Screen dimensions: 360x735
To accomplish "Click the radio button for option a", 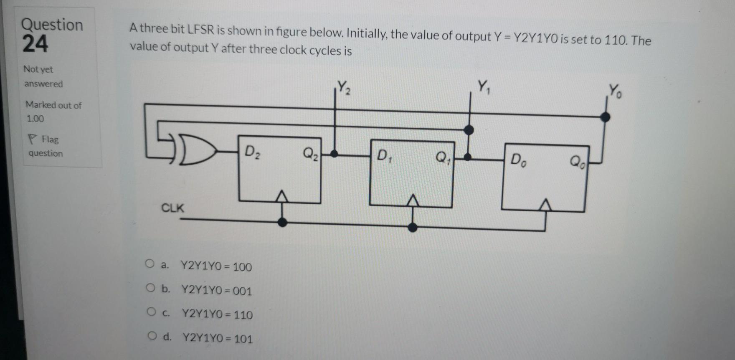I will point(150,264).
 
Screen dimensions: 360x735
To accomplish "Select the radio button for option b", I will point(150,288).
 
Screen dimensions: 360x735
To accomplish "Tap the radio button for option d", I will point(152,335).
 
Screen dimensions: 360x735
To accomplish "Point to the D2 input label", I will point(252,152).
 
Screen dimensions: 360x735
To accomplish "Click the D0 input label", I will point(519,159).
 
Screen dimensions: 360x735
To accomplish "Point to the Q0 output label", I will point(578,161).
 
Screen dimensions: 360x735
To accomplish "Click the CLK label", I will point(172,208).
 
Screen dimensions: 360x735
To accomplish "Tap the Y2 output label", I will point(344,87).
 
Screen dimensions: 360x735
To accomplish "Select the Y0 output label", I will point(615,91).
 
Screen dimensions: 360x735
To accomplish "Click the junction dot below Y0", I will point(605,117).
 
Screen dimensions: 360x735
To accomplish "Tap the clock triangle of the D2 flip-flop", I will point(282,196).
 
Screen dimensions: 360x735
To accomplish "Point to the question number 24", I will point(35,44).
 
